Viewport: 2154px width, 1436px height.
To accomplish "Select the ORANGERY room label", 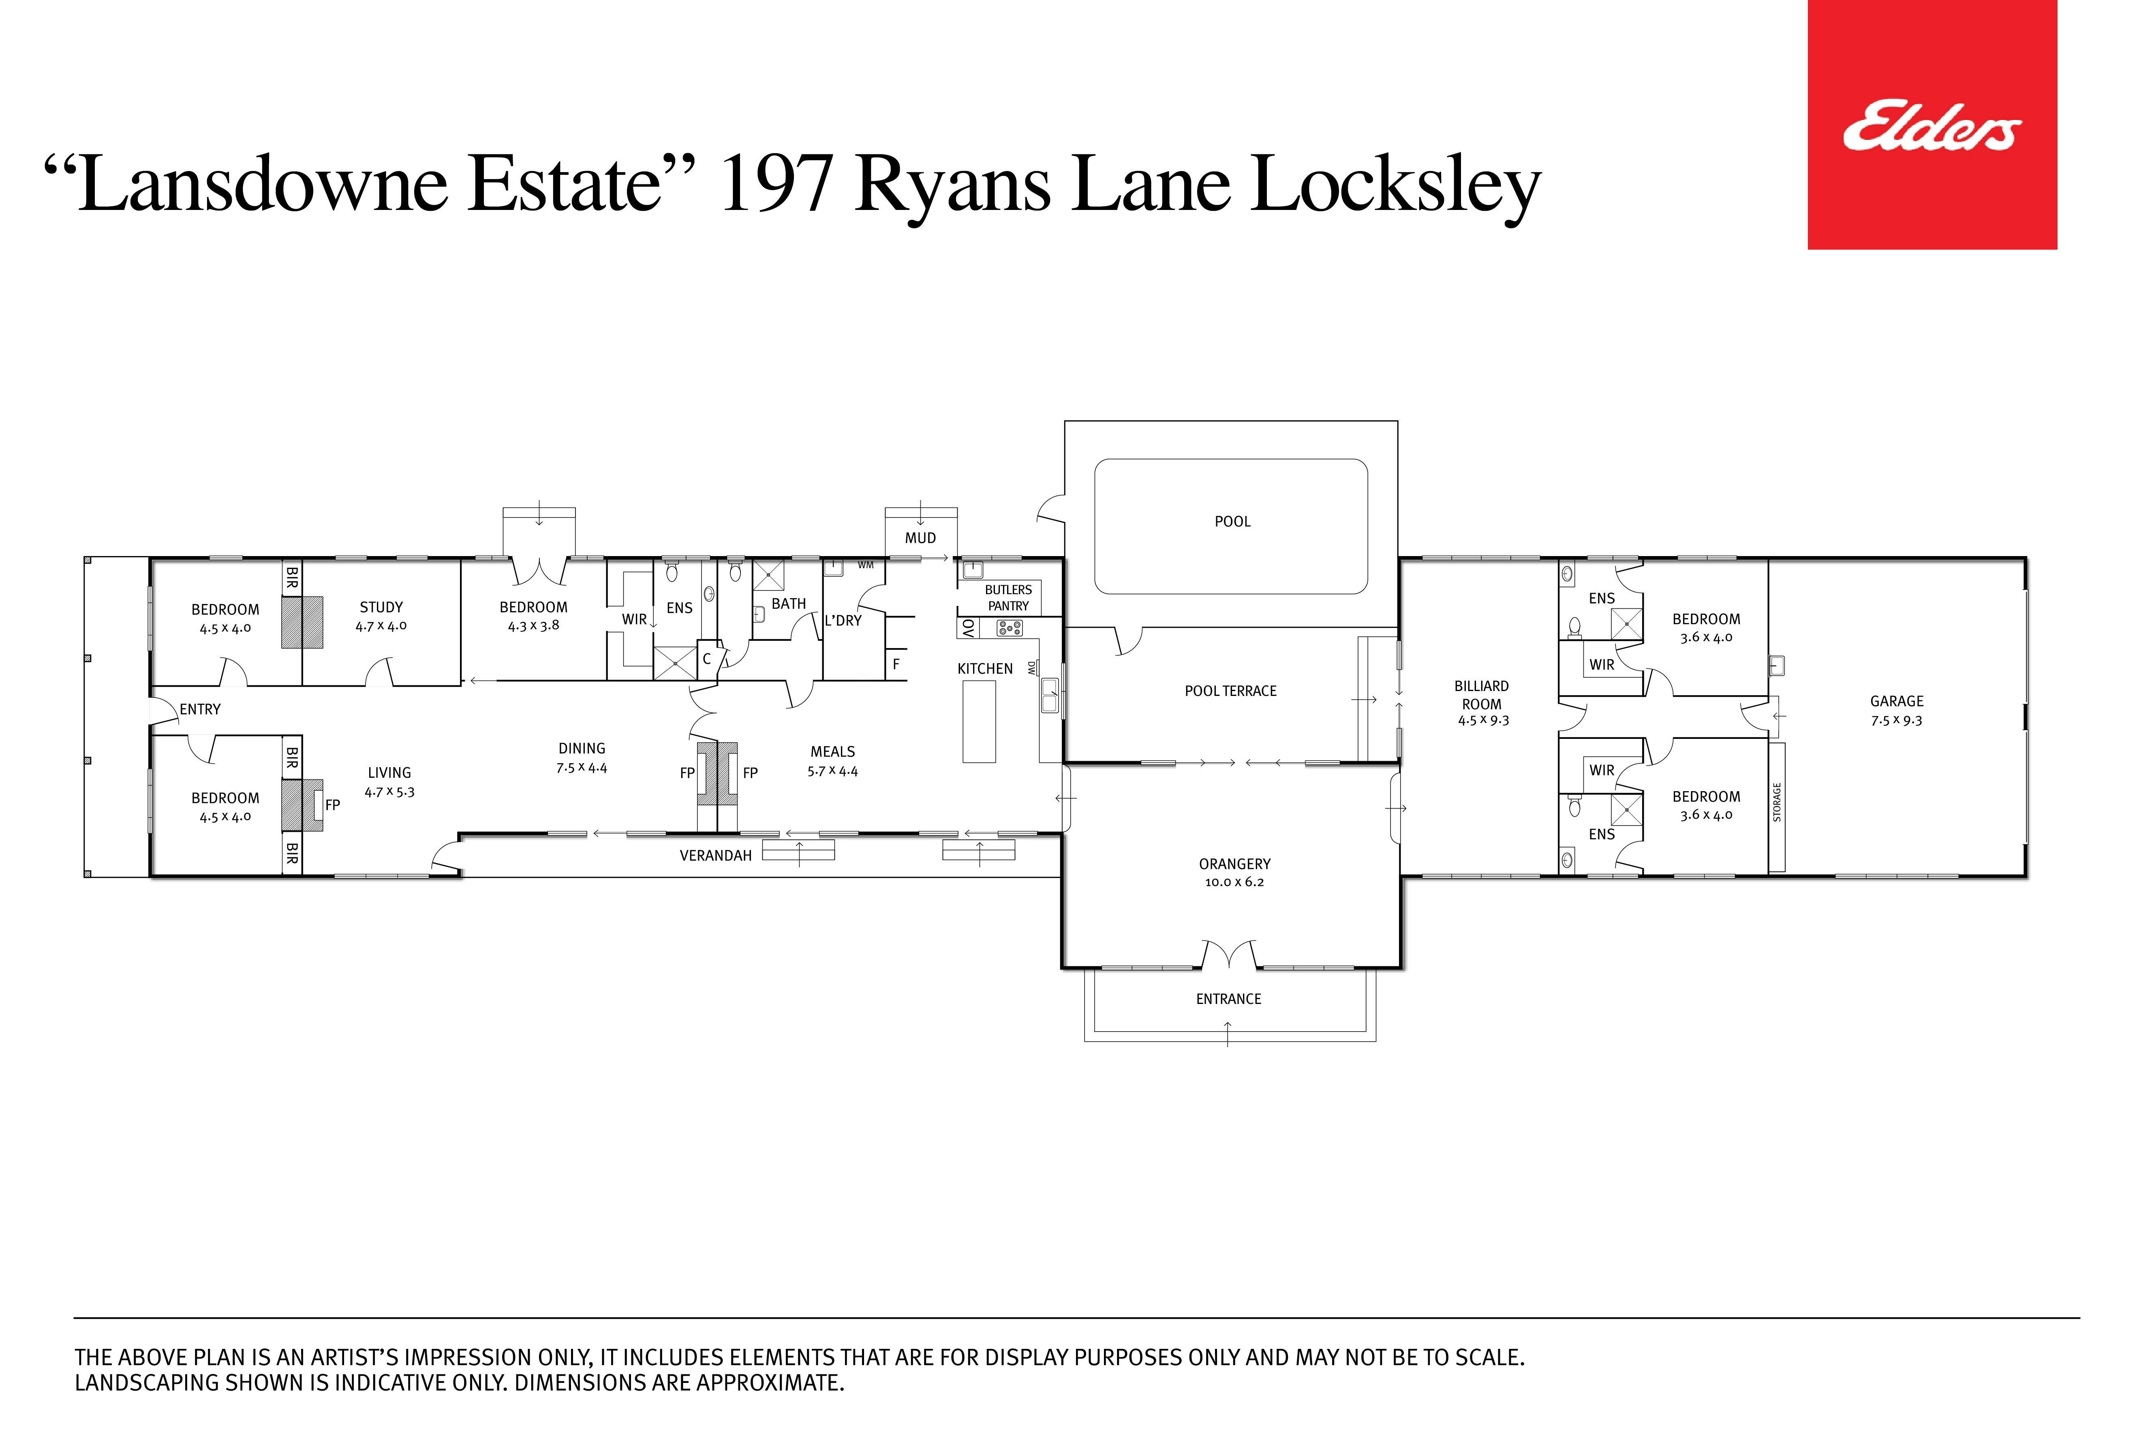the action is pos(1234,864).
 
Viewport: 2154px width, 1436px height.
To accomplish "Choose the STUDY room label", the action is pos(381,607).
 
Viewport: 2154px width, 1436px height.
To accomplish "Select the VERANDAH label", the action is pos(715,855).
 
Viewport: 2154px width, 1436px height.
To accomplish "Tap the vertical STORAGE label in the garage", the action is pos(1777,802).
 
